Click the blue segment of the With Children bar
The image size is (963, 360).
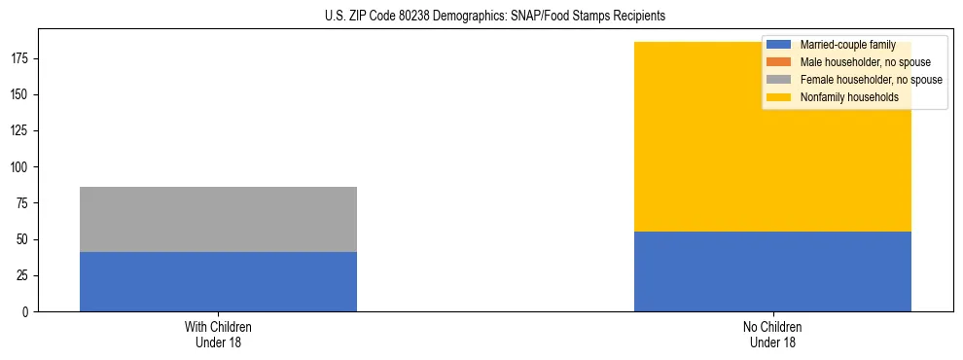coord(218,281)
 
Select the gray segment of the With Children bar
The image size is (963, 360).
coord(218,219)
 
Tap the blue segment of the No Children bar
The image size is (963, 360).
coord(772,271)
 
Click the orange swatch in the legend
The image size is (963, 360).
coord(779,62)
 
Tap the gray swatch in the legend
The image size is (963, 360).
coord(779,80)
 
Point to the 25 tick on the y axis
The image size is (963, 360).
coord(24,275)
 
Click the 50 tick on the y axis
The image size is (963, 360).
coord(24,239)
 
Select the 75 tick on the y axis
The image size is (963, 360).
coord(24,203)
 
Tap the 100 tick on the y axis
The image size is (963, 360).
coord(21,167)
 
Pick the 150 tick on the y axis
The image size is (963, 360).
coord(21,95)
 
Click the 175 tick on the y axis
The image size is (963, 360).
coord(21,59)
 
